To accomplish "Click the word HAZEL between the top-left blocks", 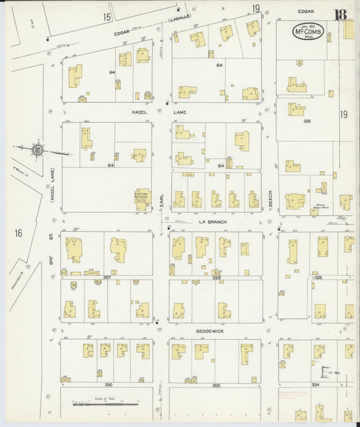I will (x=140, y=112).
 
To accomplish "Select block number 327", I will (x=106, y=277).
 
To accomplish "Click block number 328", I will (x=216, y=277).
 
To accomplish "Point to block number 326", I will (x=307, y=122).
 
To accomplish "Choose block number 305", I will (x=215, y=384).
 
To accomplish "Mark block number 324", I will (x=315, y=384).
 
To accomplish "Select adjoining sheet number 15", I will (x=107, y=16).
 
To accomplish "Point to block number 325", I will (x=318, y=277).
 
